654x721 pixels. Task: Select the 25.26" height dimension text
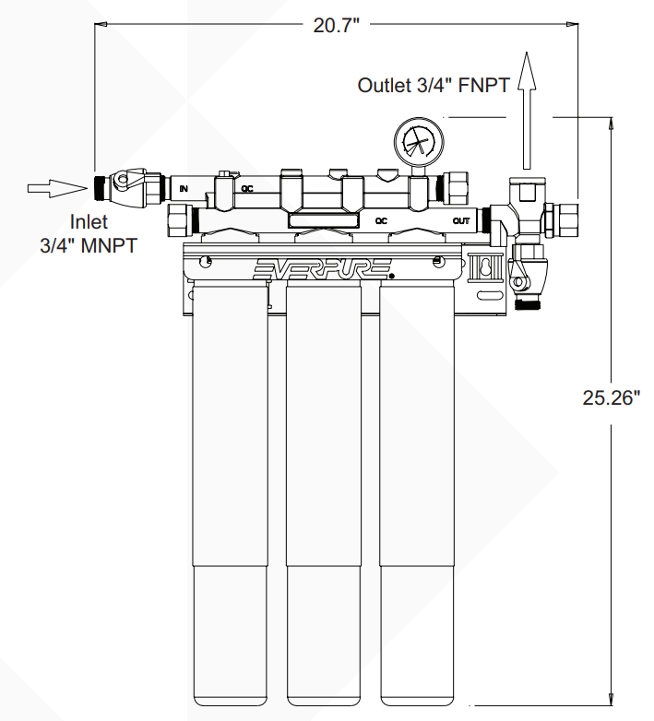click(611, 398)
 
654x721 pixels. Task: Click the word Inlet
click(89, 222)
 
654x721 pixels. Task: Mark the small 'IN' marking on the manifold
click(184, 188)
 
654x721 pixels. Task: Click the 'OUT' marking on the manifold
click(461, 221)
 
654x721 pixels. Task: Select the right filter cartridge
click(416, 498)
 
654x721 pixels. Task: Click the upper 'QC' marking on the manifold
click(247, 188)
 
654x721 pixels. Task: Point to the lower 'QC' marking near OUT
click(380, 221)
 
